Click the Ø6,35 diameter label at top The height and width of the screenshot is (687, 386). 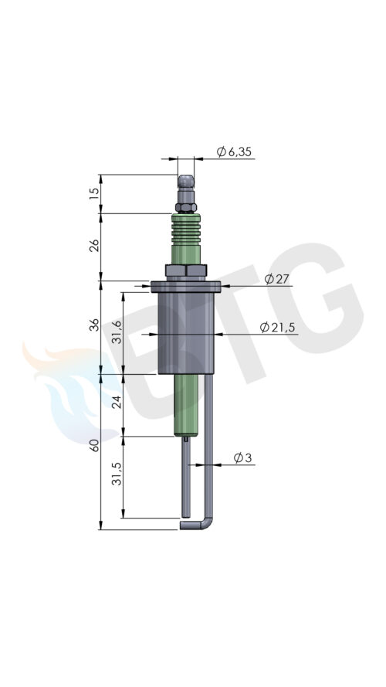[234, 152]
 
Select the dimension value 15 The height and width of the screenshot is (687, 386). [94, 193]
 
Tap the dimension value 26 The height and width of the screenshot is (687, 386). [94, 247]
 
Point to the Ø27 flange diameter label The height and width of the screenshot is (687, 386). [276, 279]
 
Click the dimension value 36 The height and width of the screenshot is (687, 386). [94, 328]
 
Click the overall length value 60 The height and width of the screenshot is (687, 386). [94, 447]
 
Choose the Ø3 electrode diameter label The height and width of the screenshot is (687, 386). [242, 458]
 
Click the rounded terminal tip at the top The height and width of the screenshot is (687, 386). [186, 184]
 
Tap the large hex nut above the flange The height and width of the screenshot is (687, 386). [186, 270]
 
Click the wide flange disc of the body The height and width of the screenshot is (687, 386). [186, 287]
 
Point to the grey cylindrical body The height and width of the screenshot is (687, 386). [186, 332]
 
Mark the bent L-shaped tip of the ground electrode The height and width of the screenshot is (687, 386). [197, 524]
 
